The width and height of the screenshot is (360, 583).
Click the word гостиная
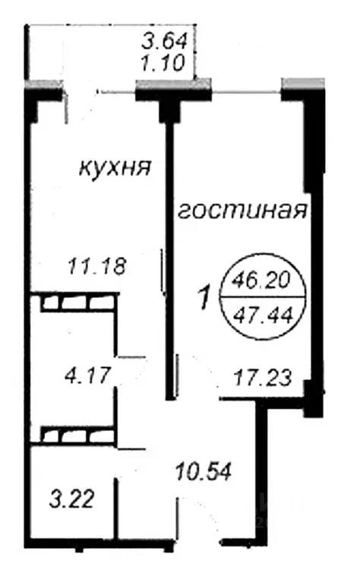click(242, 211)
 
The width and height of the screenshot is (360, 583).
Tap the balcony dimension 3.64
click(168, 40)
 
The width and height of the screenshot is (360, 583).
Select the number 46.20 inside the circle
click(261, 279)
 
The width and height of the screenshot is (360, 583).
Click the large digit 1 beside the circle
click(204, 298)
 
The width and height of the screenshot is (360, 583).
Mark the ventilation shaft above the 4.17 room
click(75, 303)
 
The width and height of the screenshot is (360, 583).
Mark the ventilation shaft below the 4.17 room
click(75, 436)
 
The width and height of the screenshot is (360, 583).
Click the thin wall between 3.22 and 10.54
click(118, 505)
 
